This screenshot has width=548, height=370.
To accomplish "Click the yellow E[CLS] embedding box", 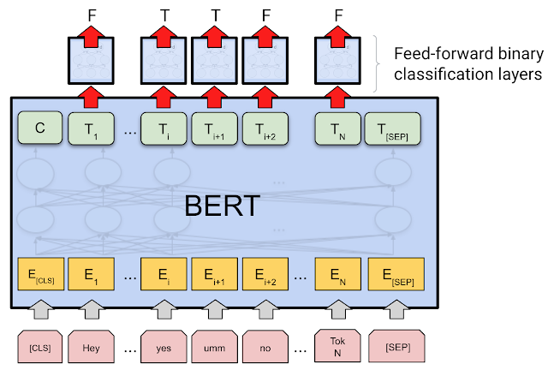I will [39, 277].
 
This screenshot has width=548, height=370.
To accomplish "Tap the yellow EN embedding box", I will [338, 277].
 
